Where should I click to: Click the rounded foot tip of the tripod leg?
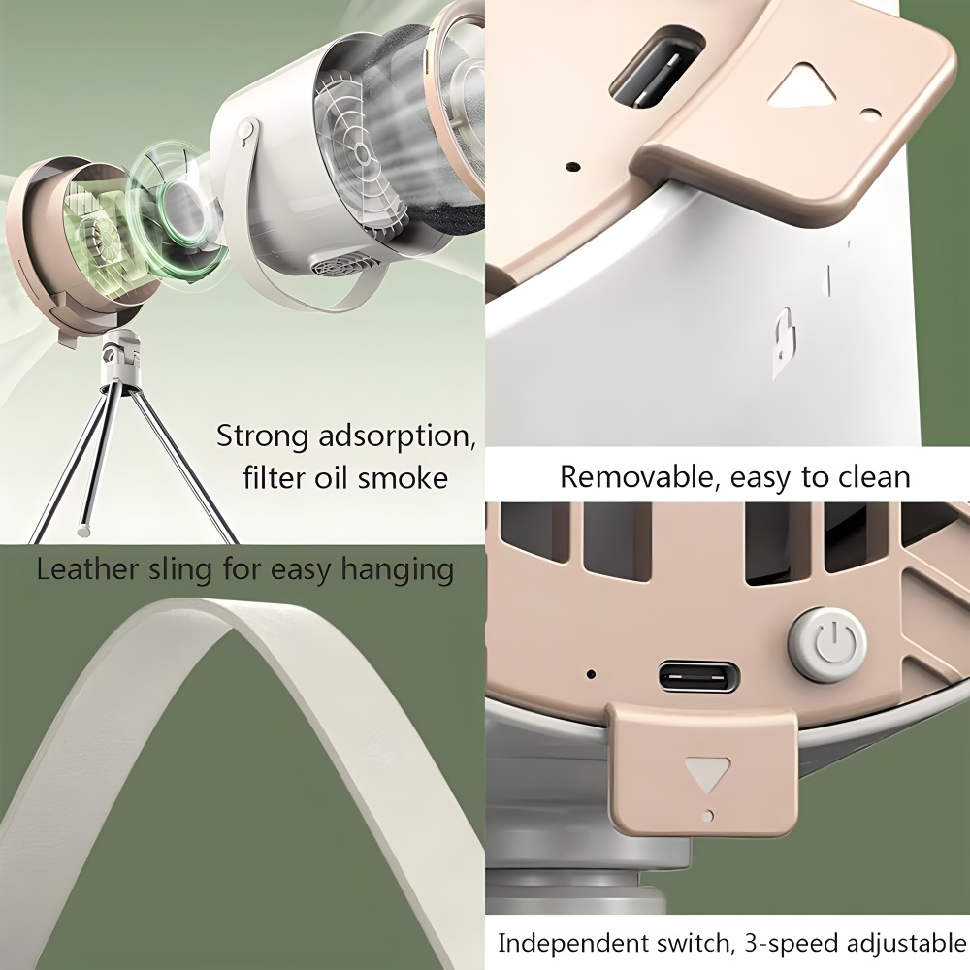click(x=82, y=530)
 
